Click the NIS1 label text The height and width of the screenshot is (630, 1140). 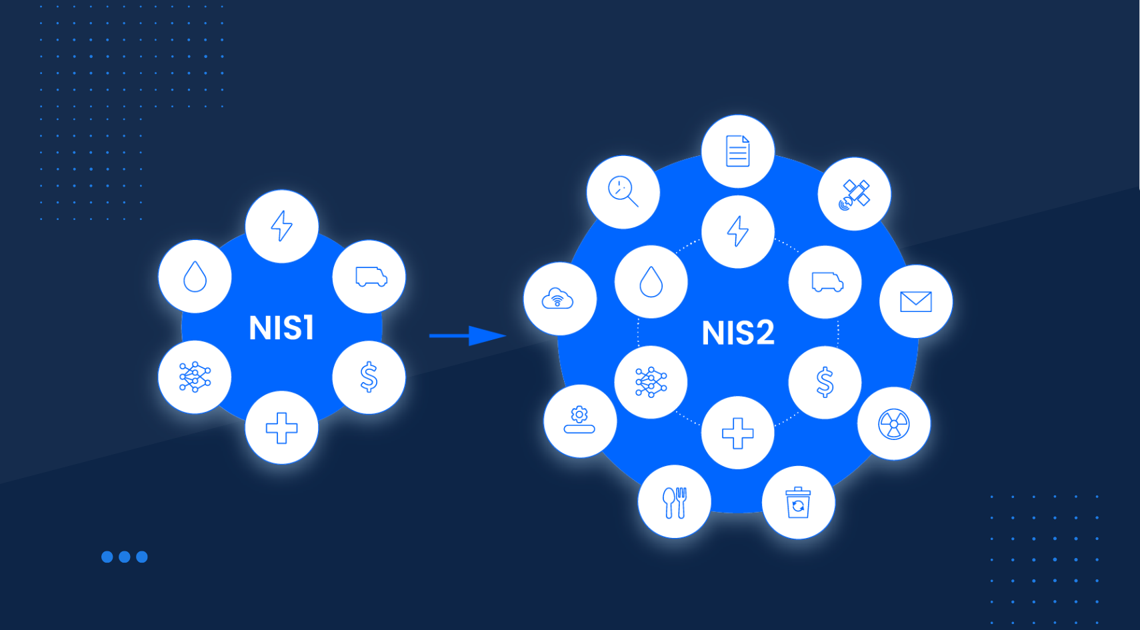tap(281, 328)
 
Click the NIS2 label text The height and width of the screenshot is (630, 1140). tap(738, 333)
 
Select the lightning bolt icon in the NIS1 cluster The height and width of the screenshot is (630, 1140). tap(281, 226)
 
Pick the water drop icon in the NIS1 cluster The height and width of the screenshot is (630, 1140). tap(195, 276)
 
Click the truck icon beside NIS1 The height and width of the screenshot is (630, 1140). tap(371, 277)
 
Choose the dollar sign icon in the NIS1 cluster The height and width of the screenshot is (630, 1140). tap(369, 377)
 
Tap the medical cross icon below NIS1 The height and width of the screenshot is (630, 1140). tap(281, 427)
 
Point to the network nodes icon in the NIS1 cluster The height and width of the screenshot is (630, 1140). tap(195, 377)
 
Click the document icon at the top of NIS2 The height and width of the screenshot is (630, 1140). tap(737, 151)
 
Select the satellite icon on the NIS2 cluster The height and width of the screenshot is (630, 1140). tap(854, 195)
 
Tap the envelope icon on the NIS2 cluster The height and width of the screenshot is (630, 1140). tap(915, 301)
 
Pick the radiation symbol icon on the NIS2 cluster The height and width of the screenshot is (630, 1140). tap(893, 424)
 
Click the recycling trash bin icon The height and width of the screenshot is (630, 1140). tap(798, 502)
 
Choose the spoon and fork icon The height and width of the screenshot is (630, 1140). tap(674, 502)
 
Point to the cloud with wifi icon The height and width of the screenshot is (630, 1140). tap(558, 299)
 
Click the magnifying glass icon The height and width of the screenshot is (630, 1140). tap(623, 192)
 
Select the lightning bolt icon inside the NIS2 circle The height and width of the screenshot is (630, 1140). tap(737, 231)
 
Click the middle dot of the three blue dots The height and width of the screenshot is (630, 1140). tap(124, 557)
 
